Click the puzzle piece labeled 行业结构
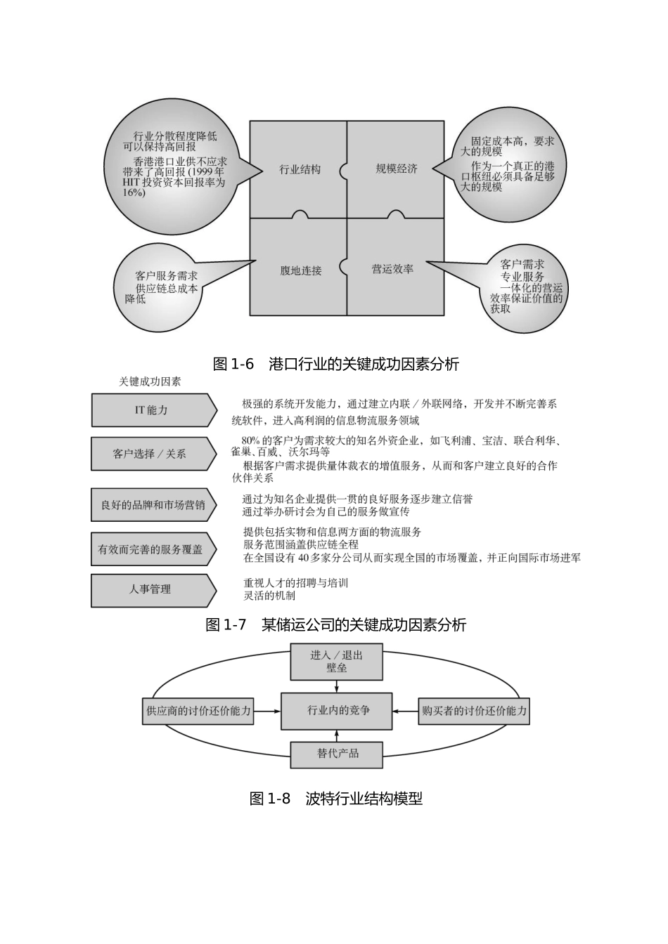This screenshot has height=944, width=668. click(299, 169)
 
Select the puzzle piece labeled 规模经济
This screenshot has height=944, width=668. click(396, 169)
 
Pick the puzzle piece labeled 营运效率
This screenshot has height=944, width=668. click(394, 268)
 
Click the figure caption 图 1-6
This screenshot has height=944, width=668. click(335, 364)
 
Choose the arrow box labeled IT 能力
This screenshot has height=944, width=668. click(152, 410)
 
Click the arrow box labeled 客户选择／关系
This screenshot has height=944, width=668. click(150, 454)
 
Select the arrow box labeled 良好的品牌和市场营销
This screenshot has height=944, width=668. click(152, 505)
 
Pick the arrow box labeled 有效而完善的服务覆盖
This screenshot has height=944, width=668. click(151, 549)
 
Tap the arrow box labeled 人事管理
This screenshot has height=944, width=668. click(150, 590)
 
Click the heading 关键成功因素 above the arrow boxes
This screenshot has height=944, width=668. click(150, 381)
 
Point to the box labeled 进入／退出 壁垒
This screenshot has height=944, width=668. click(337, 662)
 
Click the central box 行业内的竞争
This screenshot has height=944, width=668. click(338, 711)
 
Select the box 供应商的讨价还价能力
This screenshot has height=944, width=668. click(198, 711)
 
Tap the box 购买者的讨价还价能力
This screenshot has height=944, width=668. click(474, 711)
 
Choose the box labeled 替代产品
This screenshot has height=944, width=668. click(337, 754)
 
